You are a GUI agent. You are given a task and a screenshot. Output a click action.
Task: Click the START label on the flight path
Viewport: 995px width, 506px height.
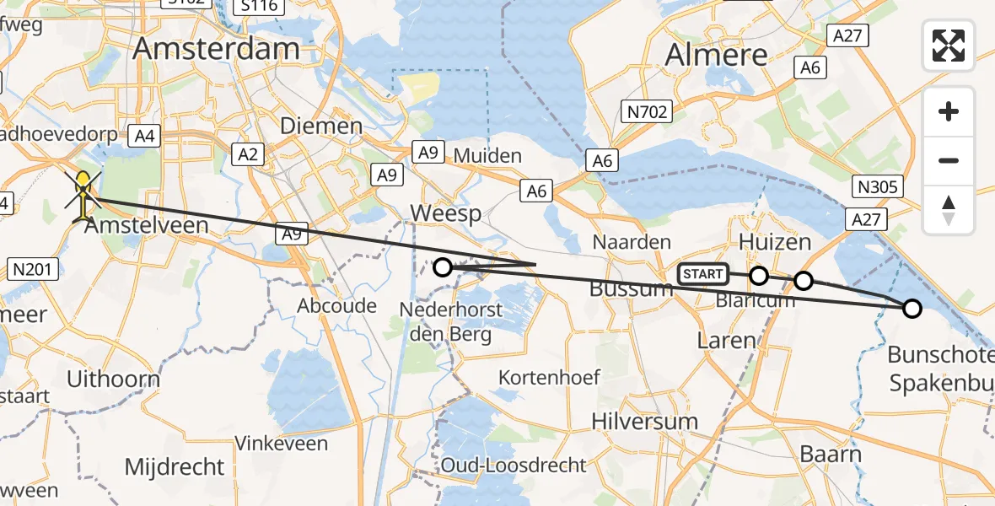click(702, 274)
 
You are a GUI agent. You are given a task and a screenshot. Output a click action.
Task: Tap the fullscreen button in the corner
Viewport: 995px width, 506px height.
click(949, 46)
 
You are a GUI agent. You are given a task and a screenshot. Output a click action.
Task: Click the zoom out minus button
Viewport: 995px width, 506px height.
click(949, 160)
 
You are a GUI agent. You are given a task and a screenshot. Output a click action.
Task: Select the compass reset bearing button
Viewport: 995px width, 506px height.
click(949, 210)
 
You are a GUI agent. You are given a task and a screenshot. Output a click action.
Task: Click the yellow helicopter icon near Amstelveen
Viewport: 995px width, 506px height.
click(83, 196)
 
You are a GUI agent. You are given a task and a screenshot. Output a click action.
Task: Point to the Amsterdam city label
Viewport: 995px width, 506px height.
click(217, 48)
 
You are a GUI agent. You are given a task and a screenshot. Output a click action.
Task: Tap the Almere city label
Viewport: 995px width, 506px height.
click(717, 56)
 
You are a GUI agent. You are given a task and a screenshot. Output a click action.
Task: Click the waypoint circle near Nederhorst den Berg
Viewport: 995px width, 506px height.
click(443, 267)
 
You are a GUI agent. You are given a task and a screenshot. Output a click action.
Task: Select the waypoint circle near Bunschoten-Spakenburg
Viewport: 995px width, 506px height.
click(912, 308)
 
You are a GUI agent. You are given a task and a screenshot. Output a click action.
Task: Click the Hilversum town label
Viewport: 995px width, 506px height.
click(644, 421)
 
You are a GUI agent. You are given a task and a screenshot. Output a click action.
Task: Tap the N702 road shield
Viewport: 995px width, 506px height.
click(646, 111)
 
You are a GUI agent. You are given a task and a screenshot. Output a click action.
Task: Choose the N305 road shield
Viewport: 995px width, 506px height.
click(877, 186)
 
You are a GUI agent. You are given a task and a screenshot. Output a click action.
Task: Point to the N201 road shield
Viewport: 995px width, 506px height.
click(33, 270)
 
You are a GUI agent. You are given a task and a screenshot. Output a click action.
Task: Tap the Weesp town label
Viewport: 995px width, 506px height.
click(447, 213)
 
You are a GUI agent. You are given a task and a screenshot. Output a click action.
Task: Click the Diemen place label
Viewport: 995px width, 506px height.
click(321, 126)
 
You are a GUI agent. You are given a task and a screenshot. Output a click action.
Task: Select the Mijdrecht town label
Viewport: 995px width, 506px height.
click(175, 466)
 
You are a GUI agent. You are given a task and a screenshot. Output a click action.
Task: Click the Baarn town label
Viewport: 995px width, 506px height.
click(831, 455)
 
